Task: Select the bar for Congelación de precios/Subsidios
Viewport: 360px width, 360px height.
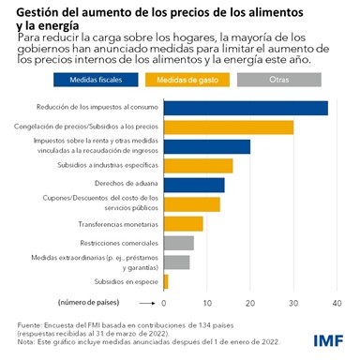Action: click(228, 127)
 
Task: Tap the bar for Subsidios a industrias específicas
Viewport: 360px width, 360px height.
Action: click(198, 166)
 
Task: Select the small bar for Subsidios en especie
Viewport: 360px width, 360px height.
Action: click(166, 280)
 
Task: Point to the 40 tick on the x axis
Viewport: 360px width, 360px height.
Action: click(336, 303)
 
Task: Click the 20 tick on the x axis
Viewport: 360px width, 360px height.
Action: click(249, 303)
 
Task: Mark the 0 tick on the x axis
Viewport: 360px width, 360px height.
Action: click(164, 303)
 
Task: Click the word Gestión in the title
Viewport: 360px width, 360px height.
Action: click(40, 10)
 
